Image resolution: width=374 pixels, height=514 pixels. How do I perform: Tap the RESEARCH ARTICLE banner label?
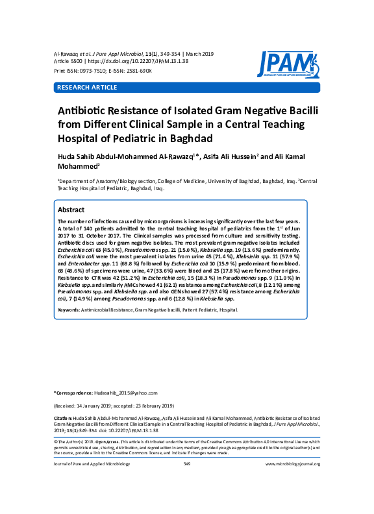tap(84, 87)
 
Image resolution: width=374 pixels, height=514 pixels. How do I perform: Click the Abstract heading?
tap(71, 210)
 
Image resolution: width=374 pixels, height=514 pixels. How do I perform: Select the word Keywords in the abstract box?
tap(69, 310)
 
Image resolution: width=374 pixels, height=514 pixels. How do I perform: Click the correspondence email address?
tap(120, 393)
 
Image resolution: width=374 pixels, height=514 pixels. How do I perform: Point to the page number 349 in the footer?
tap(186, 464)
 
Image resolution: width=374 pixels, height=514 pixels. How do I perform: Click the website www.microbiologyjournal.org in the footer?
tap(293, 464)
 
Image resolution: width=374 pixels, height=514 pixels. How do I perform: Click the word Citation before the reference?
tap(63, 418)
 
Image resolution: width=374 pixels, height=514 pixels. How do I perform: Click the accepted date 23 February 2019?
tap(163, 404)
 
